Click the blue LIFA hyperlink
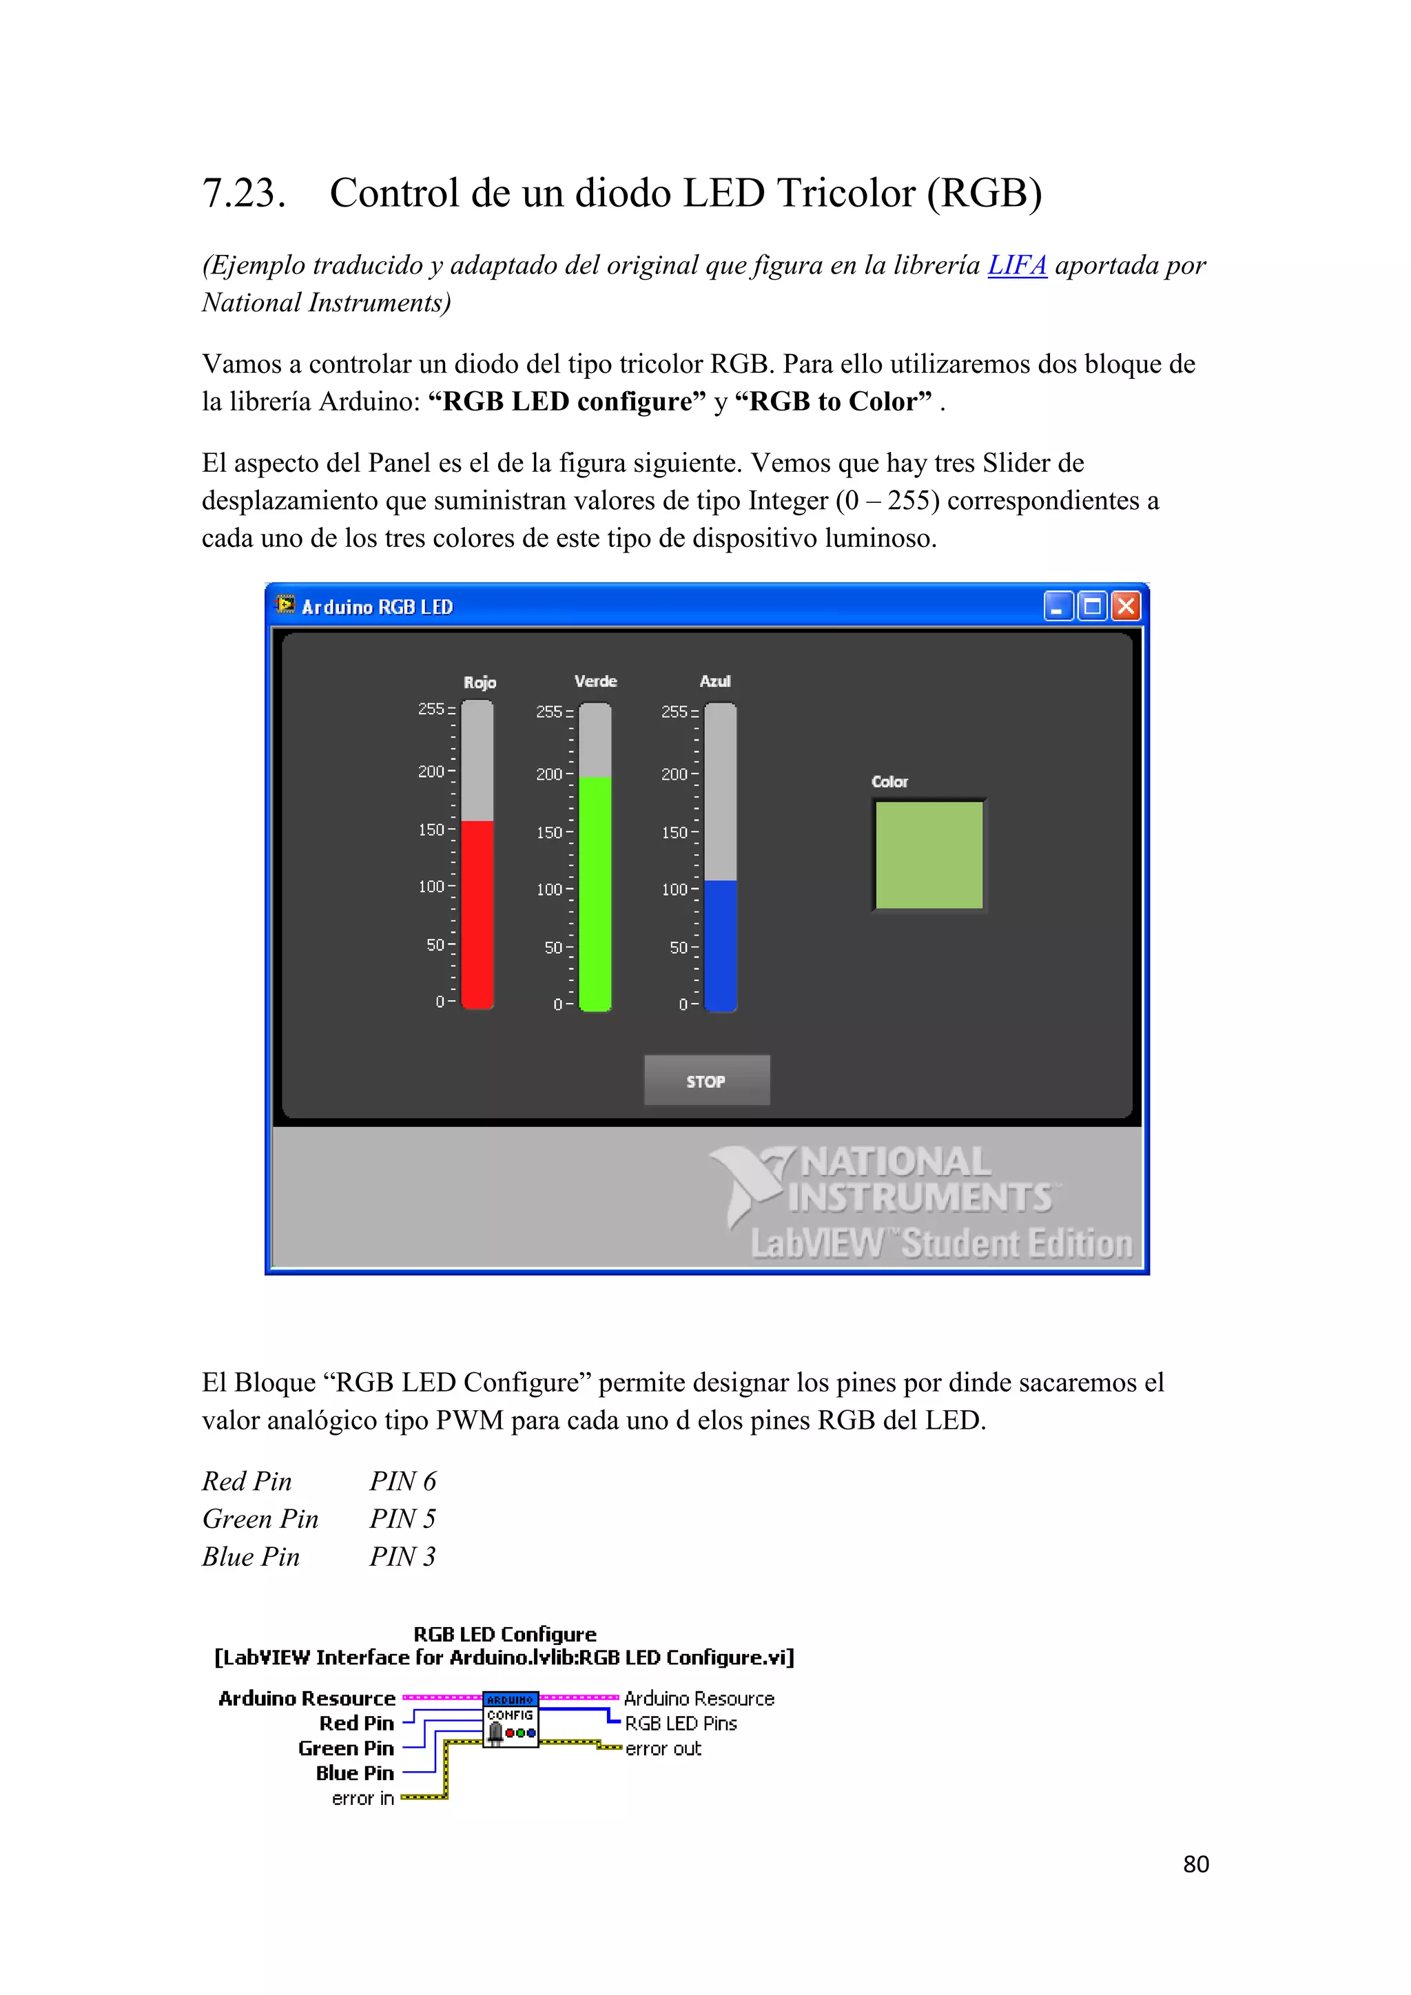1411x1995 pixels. (1016, 265)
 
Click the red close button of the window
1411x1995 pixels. (1126, 606)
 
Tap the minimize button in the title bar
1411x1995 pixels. (1058, 606)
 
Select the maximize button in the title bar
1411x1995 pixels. (1092, 606)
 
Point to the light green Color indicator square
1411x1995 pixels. (929, 855)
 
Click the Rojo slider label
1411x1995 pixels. (480, 682)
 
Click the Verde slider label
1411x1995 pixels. (595, 681)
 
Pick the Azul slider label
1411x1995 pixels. (715, 681)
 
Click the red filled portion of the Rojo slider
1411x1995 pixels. (477, 912)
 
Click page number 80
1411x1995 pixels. (1195, 1864)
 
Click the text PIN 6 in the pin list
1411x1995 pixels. (402, 1482)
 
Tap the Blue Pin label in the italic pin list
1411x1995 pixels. (250, 1557)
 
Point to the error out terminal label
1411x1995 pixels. (663, 1748)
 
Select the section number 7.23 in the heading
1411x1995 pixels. (244, 193)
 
